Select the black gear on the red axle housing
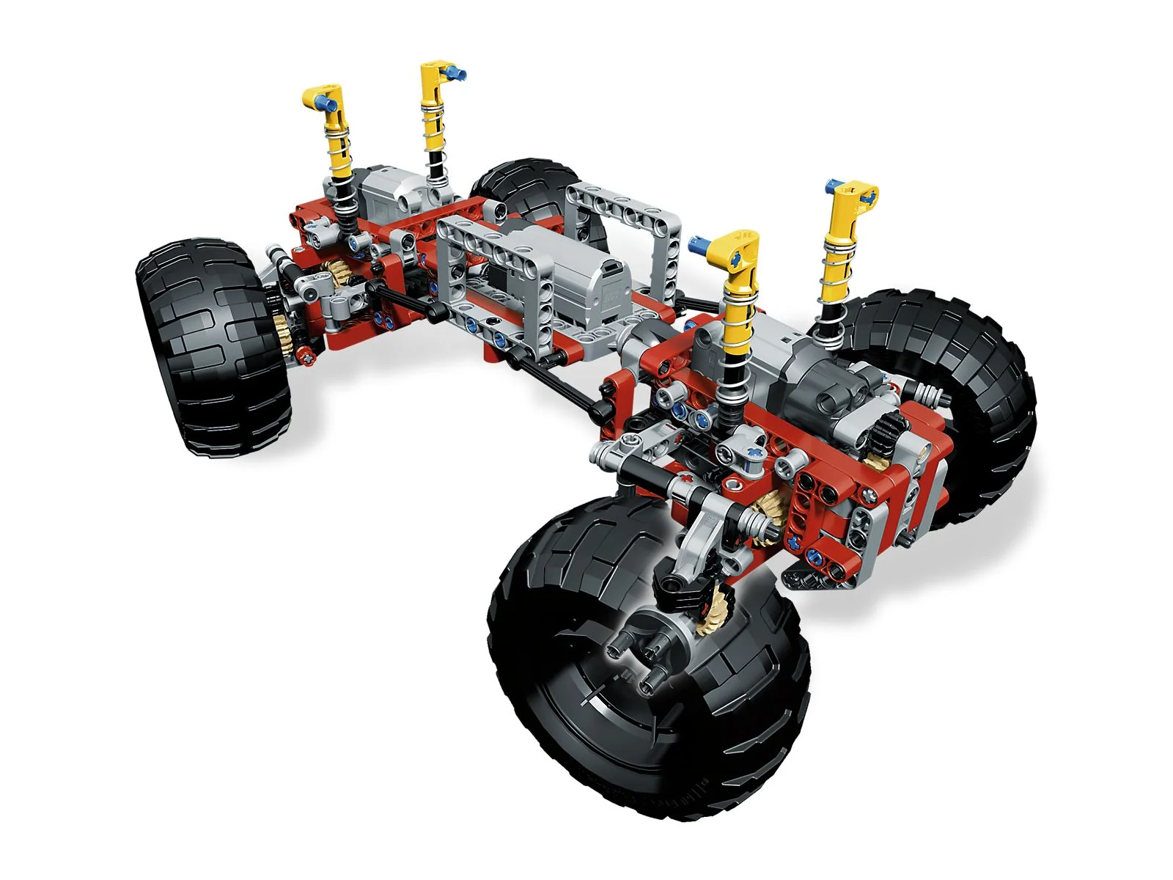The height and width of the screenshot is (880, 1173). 884,433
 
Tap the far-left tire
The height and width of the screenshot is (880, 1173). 213,345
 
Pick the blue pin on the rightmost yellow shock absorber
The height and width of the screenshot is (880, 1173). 831,184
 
